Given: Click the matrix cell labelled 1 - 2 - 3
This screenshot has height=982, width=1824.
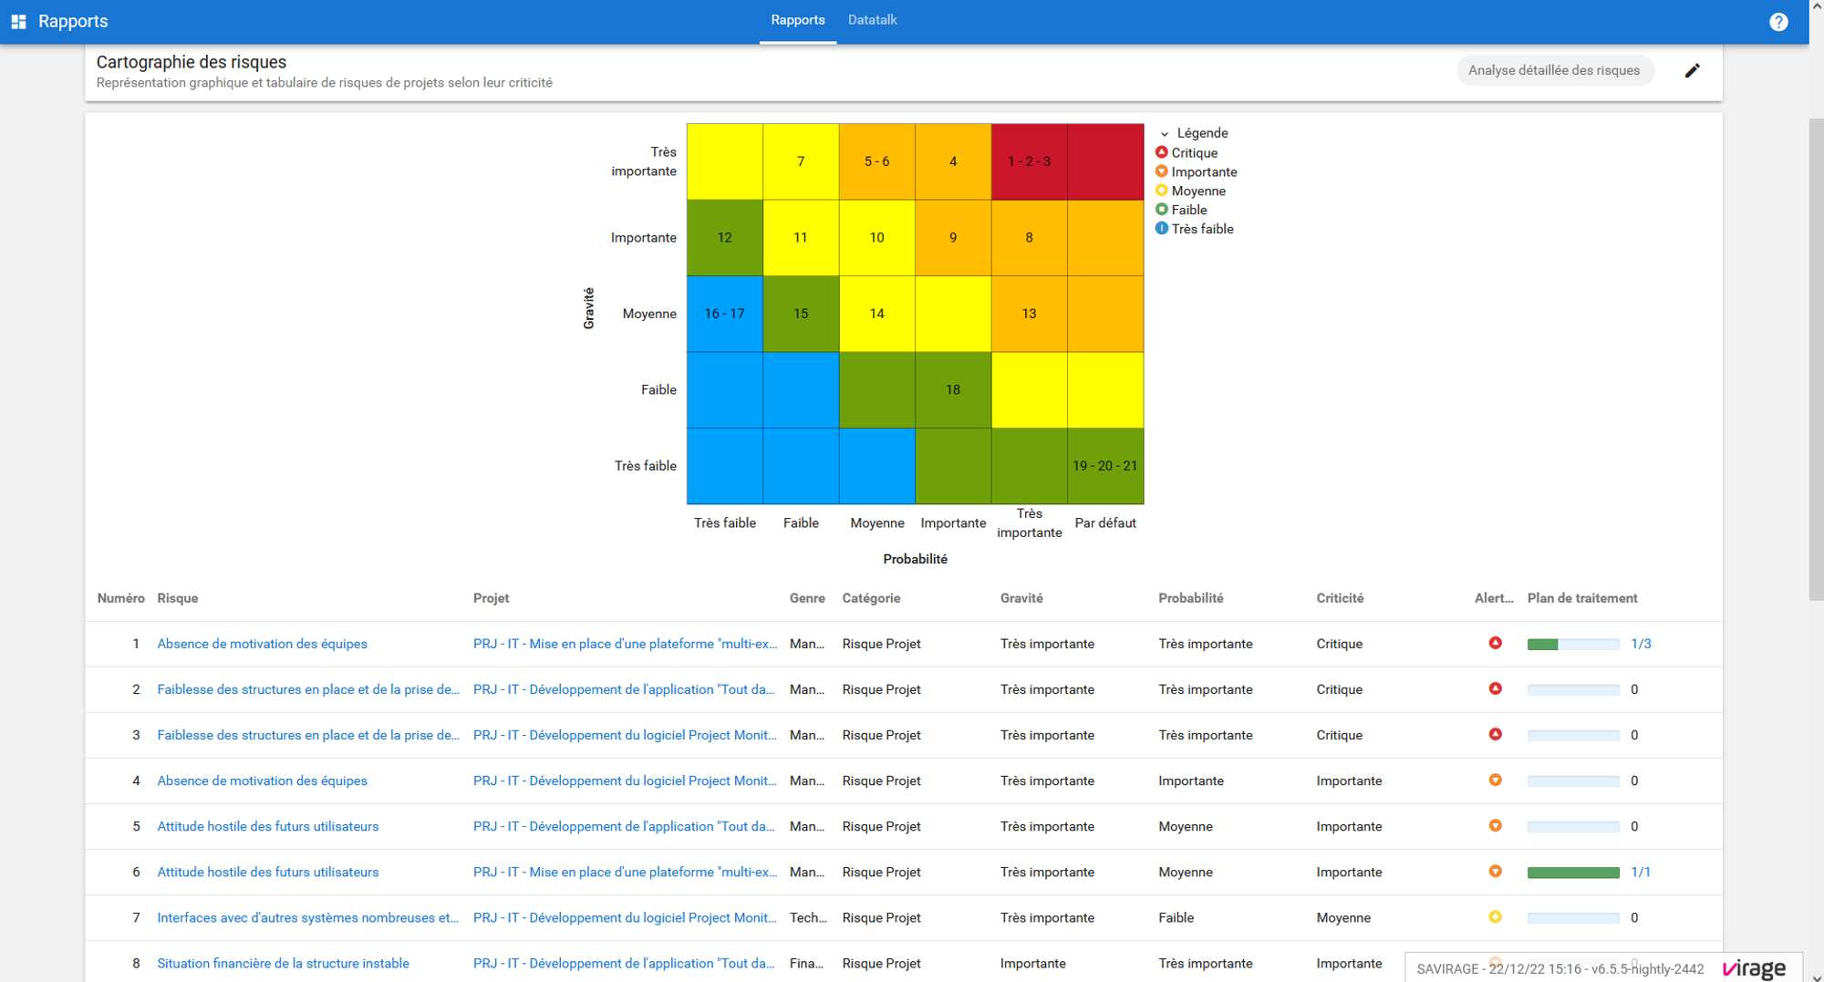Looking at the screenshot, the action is pyautogui.click(x=1029, y=161).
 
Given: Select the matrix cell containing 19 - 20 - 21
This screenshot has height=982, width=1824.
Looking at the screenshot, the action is pyautogui.click(x=1105, y=466).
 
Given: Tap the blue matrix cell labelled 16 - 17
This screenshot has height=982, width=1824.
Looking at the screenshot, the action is pyautogui.click(x=724, y=314).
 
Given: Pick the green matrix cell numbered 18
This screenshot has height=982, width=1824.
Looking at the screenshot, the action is pyautogui.click(x=953, y=390).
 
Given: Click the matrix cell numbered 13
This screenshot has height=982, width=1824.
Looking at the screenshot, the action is pyautogui.click(x=1029, y=314).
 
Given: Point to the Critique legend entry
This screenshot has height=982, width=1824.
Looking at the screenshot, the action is pyautogui.click(x=1187, y=153).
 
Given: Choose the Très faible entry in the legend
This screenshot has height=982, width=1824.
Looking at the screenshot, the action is pyautogui.click(x=1195, y=229).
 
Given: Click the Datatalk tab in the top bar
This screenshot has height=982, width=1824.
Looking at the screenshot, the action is pyautogui.click(x=872, y=20).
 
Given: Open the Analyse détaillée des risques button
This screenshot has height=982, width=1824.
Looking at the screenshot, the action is pyautogui.click(x=1554, y=70).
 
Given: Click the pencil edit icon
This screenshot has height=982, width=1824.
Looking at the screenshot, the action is pyautogui.click(x=1692, y=70).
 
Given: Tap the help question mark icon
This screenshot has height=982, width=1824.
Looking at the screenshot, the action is pyautogui.click(x=1778, y=22).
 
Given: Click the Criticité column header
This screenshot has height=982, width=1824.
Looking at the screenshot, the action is pyautogui.click(x=1340, y=598).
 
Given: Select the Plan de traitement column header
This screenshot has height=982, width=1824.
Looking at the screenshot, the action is pyautogui.click(x=1582, y=598).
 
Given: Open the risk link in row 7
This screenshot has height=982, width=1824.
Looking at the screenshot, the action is pyautogui.click(x=307, y=917).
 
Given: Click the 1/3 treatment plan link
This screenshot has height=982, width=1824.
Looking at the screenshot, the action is pyautogui.click(x=1641, y=644).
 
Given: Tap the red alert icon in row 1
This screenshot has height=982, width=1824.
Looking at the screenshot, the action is pyautogui.click(x=1496, y=643).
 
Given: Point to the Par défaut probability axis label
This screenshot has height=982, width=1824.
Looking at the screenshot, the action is pyautogui.click(x=1105, y=523).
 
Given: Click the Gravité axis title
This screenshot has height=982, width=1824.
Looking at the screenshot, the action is pyautogui.click(x=589, y=308).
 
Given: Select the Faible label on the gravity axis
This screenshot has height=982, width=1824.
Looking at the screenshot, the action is pyautogui.click(x=658, y=390).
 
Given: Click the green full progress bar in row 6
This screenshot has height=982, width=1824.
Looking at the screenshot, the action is pyautogui.click(x=1573, y=873).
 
